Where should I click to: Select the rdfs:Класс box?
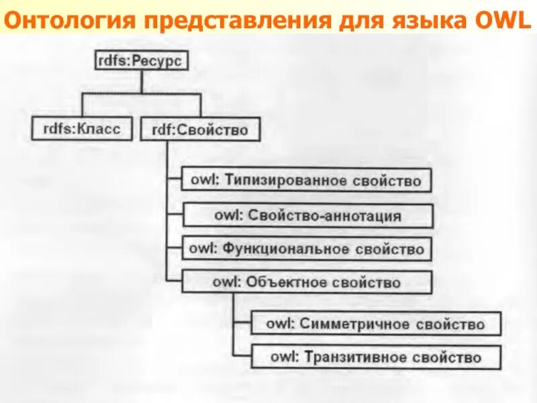tap(82, 128)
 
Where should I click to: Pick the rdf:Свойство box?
tap(200, 129)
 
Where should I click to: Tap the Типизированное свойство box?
tap(306, 181)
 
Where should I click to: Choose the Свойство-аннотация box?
tap(308, 216)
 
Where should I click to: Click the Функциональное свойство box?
tap(306, 249)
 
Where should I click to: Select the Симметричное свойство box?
tap(375, 324)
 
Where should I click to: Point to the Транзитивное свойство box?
tap(375, 356)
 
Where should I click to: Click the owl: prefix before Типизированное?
tap(202, 181)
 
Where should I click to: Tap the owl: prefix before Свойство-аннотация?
tap(228, 216)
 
